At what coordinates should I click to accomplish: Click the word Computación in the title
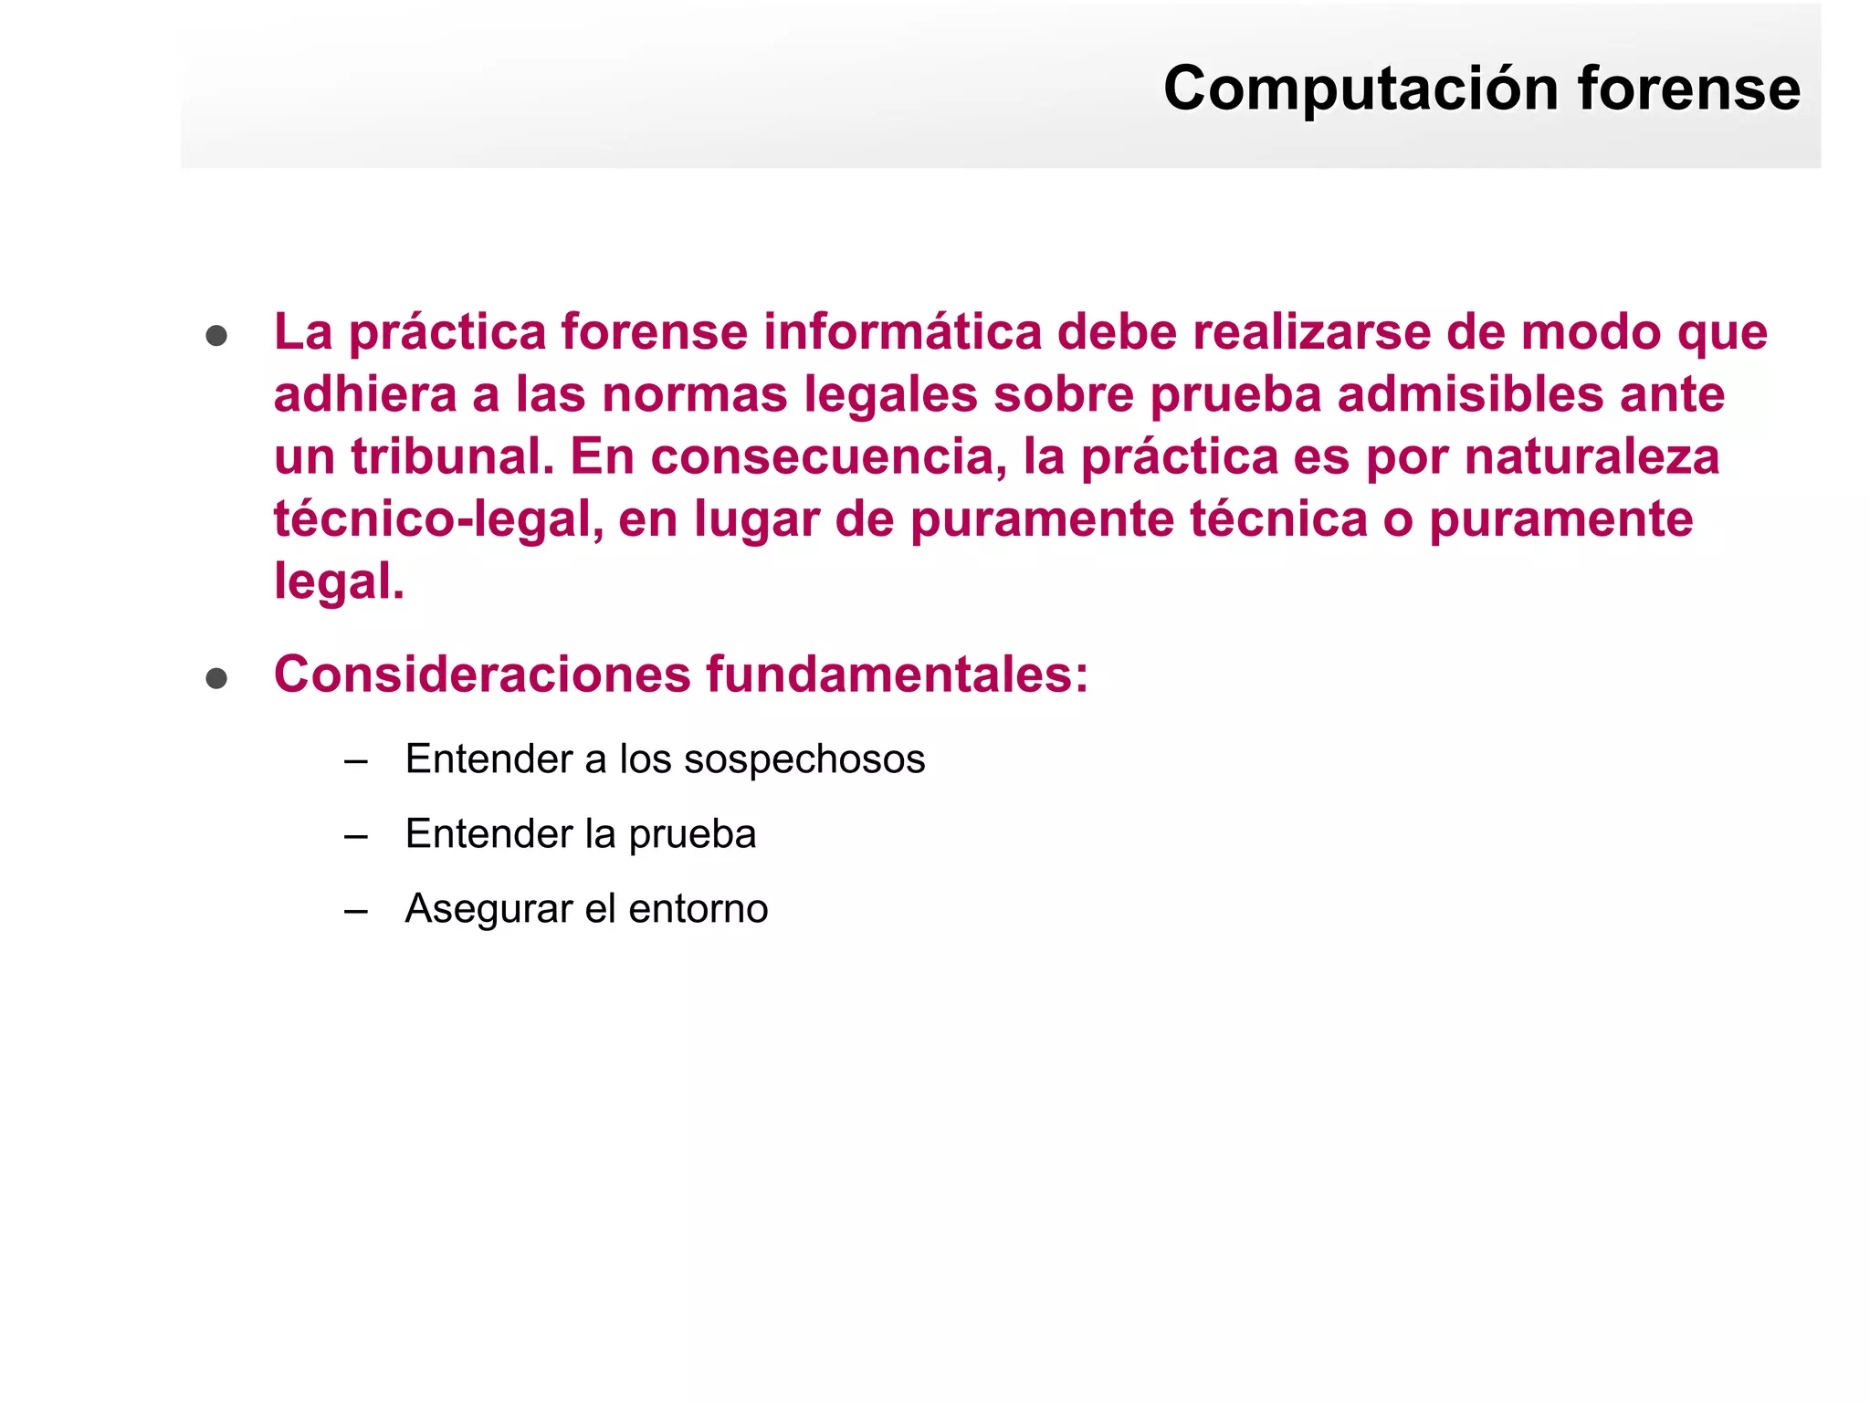(1360, 89)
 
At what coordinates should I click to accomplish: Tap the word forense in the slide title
(1688, 89)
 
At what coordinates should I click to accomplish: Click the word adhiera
(364, 394)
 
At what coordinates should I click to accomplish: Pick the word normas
(694, 394)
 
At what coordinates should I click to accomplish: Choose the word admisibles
(1469, 394)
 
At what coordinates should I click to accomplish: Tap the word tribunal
(452, 456)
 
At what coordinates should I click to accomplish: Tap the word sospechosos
(804, 759)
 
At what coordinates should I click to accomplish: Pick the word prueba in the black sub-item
(692, 834)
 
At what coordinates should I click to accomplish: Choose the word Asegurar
(489, 909)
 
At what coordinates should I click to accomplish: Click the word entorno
(698, 909)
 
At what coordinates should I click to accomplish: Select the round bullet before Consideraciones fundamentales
(216, 678)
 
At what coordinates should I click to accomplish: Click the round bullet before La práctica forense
(216, 336)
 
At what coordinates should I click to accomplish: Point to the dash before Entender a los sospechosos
(356, 760)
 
